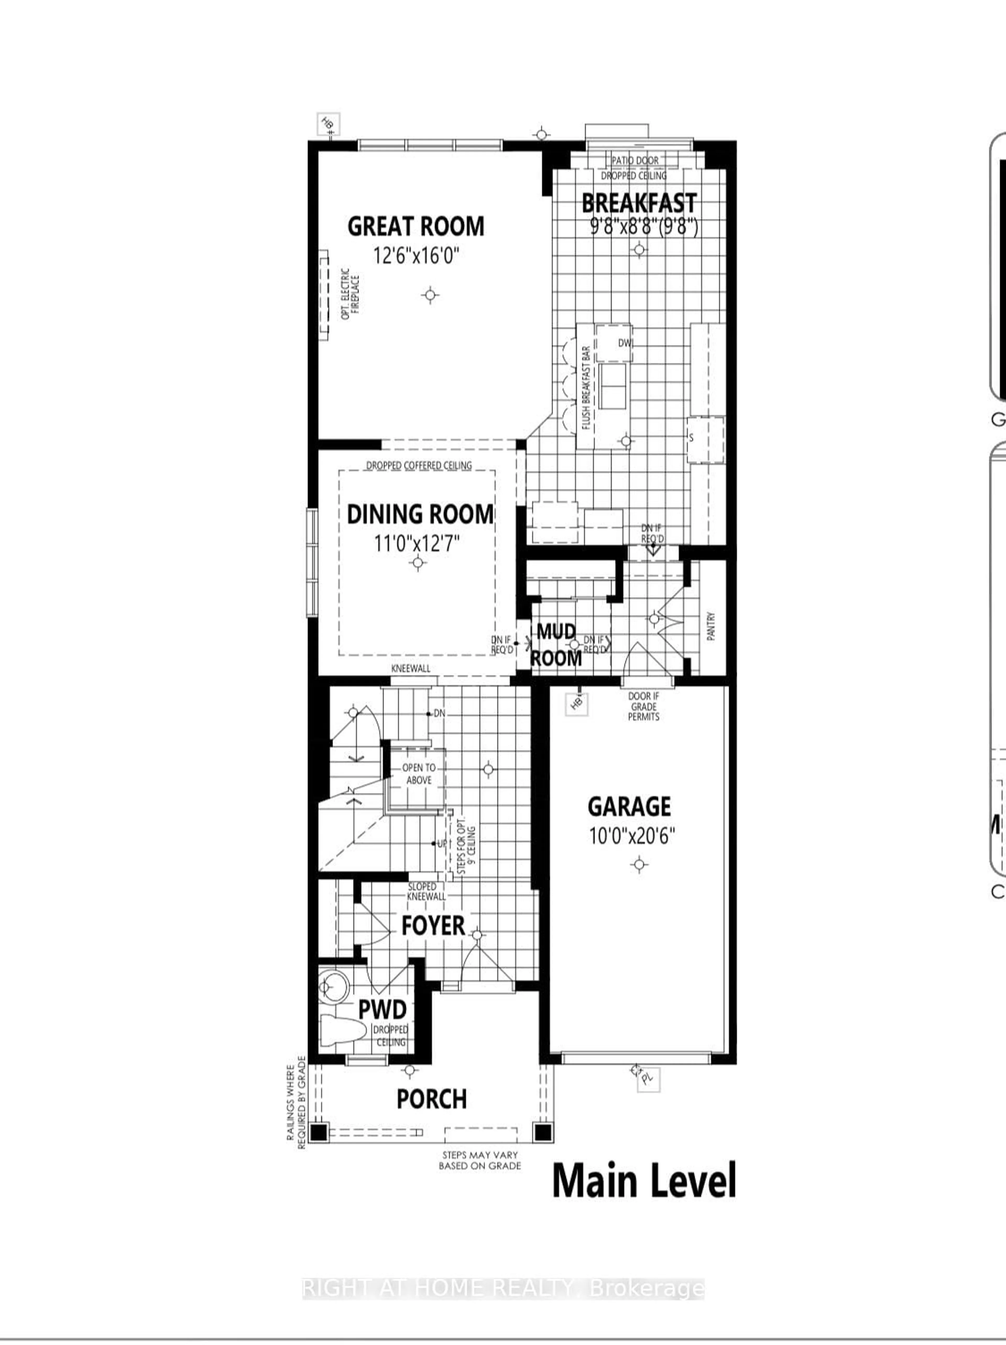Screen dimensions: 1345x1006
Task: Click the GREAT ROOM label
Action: (x=416, y=227)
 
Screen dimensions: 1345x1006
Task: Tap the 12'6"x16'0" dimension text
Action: (x=416, y=255)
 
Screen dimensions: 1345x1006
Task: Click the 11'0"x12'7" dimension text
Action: (x=417, y=543)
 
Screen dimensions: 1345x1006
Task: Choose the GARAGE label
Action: (x=630, y=807)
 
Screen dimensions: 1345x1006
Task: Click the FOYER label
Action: (x=433, y=926)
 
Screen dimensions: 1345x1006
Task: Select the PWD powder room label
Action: (x=382, y=1010)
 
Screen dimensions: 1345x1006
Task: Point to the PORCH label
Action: (x=432, y=1099)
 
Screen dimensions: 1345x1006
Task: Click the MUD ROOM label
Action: (x=556, y=645)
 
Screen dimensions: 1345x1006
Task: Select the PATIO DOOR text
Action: (x=635, y=161)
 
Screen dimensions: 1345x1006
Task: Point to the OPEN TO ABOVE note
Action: (x=419, y=774)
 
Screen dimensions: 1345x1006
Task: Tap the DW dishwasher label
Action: (x=625, y=343)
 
